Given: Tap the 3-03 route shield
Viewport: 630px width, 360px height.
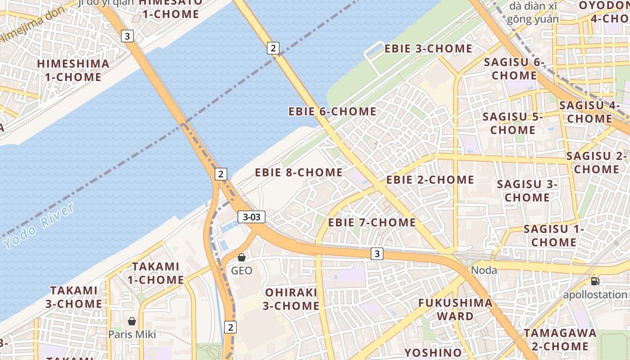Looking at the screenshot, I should pyautogui.click(x=252, y=217).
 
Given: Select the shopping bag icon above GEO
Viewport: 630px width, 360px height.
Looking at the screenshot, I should pyautogui.click(x=242, y=257).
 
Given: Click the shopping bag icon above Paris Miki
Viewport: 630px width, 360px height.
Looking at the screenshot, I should pyautogui.click(x=132, y=321).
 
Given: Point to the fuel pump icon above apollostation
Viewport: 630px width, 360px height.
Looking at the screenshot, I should pyautogui.click(x=595, y=282).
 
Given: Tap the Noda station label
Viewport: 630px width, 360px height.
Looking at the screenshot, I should pyautogui.click(x=484, y=270).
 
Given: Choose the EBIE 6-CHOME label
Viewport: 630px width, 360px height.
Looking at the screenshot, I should pyautogui.click(x=332, y=111).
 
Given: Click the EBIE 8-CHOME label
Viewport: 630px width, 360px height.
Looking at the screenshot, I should pyautogui.click(x=299, y=172).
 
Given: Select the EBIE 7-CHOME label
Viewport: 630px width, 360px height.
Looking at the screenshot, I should pyautogui.click(x=372, y=222).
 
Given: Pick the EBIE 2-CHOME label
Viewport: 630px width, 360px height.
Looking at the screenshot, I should pyautogui.click(x=430, y=180).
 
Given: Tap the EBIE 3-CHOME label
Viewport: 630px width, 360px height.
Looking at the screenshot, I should pyautogui.click(x=428, y=49).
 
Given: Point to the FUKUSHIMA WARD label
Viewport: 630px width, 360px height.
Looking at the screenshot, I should pyautogui.click(x=455, y=309).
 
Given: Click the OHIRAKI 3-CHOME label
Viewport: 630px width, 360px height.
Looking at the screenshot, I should pyautogui.click(x=291, y=299).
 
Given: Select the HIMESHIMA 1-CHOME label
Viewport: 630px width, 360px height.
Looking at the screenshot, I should pyautogui.click(x=73, y=70).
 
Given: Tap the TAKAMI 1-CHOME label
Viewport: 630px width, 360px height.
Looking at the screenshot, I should pyautogui.click(x=155, y=273).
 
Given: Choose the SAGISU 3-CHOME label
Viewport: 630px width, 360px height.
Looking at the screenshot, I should pyautogui.click(x=527, y=191).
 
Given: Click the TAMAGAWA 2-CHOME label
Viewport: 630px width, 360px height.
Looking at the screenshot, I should pyautogui.click(x=560, y=340).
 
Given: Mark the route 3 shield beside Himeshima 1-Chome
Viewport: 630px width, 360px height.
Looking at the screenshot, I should pyautogui.click(x=128, y=36).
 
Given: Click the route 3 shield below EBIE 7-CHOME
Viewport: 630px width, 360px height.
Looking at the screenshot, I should pyautogui.click(x=377, y=254).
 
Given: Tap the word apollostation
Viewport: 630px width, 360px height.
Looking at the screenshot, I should pyautogui.click(x=595, y=295).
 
